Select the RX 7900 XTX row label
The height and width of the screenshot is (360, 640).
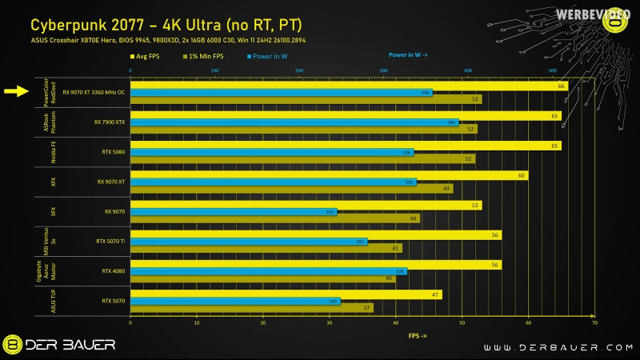(x=110, y=122)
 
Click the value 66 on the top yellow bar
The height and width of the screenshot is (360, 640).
(x=561, y=86)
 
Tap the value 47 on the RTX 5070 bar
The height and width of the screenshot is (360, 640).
(x=434, y=294)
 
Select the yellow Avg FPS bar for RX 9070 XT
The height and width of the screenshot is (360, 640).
(x=328, y=175)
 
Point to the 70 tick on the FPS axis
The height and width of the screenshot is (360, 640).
(x=594, y=323)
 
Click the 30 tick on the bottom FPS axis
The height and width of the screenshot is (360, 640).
(x=329, y=323)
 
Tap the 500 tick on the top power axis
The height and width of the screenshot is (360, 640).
(x=552, y=70)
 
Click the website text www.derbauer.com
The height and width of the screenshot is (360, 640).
(x=551, y=346)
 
